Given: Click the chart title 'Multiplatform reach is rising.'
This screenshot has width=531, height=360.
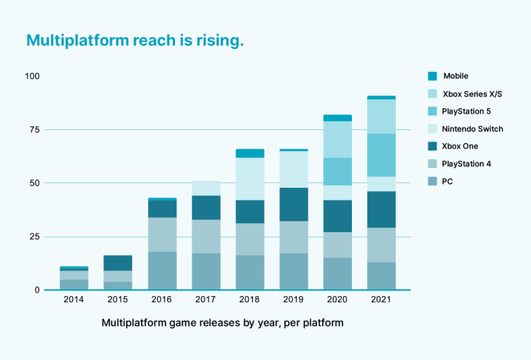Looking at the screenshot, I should click(x=135, y=41).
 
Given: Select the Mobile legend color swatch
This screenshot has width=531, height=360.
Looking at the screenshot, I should click(x=432, y=76).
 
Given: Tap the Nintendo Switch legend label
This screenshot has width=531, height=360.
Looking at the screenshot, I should click(x=472, y=129).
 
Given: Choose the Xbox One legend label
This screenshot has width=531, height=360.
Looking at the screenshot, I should click(x=460, y=146).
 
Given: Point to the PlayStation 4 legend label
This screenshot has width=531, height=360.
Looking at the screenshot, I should click(x=466, y=164).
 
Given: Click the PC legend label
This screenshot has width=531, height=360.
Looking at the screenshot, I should click(x=447, y=182).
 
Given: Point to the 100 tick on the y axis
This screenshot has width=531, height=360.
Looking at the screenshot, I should click(x=32, y=76).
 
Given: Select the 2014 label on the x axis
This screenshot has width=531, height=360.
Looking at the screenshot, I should click(x=74, y=300).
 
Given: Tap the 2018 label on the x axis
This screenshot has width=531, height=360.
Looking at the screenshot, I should click(x=250, y=300).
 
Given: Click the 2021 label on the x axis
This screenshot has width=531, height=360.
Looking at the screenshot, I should click(x=381, y=300).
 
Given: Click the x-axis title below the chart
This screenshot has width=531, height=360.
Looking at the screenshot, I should click(x=223, y=323).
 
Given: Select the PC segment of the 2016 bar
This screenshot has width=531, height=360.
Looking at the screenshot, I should click(x=162, y=271).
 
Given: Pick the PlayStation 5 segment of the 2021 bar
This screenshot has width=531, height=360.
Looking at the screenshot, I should click(x=381, y=155).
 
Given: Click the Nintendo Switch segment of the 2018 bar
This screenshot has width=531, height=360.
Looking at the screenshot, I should click(x=250, y=179).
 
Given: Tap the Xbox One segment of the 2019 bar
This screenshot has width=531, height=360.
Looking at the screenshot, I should click(x=293, y=204).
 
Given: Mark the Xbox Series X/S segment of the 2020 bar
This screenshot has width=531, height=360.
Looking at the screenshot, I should click(x=338, y=140).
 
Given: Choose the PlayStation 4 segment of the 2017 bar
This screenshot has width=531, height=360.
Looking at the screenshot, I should click(x=206, y=236).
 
